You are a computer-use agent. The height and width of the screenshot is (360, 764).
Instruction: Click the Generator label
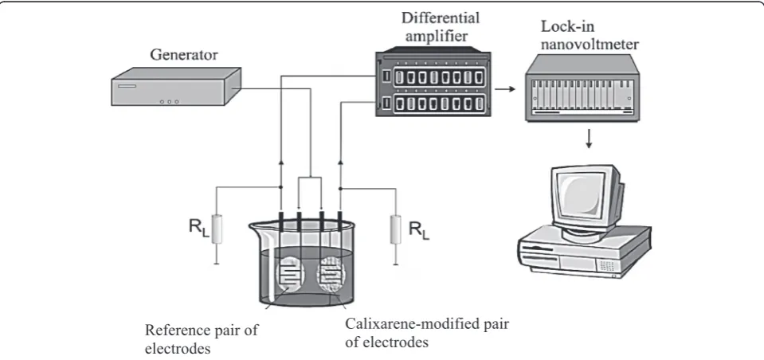pos(184,55)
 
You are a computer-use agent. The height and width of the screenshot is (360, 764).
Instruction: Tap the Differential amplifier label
pos(440,27)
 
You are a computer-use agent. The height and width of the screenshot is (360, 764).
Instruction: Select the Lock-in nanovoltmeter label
pos(589,36)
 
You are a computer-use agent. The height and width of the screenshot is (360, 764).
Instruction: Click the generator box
pos(176,86)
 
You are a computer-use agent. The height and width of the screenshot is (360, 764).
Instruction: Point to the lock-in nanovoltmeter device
pos(582,87)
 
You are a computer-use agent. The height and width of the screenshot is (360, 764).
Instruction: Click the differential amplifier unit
pos(433,82)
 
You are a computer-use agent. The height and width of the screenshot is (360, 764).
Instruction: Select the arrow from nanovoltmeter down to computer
pos(589,139)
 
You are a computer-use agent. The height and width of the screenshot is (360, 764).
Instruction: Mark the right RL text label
pos(419,229)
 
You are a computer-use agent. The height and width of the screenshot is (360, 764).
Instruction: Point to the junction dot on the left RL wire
pos(280,187)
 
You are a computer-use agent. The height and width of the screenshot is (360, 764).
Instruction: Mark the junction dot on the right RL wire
pos(339,187)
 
